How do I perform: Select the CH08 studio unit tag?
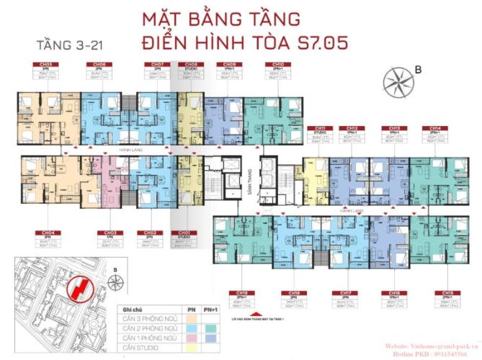pos(191,64)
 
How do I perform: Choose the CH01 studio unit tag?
pos(184,233)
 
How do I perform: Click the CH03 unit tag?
pos(110,233)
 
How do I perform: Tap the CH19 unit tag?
pos(241,293)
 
